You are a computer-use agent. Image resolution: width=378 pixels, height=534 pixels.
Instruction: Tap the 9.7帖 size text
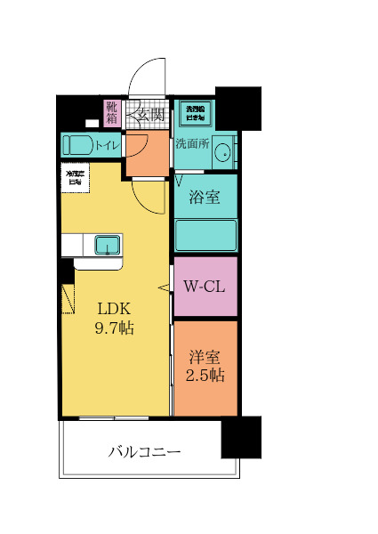pyautogui.click(x=115, y=328)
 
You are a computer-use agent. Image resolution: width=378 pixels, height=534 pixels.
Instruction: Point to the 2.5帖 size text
pyautogui.click(x=205, y=375)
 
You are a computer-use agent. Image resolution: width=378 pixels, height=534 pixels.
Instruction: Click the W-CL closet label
pyautogui.click(x=205, y=287)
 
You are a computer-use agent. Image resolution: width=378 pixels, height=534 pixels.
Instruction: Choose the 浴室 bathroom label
pyautogui.click(x=205, y=198)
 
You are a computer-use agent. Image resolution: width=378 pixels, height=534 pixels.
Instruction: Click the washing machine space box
pyautogui.click(x=194, y=112)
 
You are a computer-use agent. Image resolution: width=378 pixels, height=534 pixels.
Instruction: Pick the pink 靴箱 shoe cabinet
pyautogui.click(x=112, y=113)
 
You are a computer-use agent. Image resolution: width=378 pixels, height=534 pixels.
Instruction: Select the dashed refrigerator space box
pyautogui.click(x=73, y=177)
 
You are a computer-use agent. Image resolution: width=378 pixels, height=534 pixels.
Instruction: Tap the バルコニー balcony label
pyautogui.click(x=145, y=451)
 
